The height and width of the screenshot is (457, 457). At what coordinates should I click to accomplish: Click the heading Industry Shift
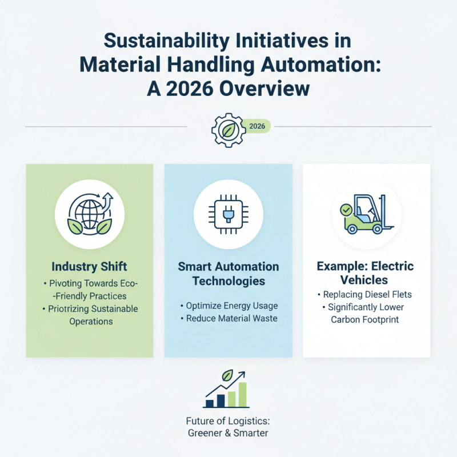(x=89, y=267)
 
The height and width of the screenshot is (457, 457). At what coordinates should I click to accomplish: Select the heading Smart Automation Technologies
(x=228, y=274)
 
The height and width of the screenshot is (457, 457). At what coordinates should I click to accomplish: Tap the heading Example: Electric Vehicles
(x=366, y=274)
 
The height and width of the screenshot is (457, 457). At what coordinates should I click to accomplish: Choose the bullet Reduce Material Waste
(x=230, y=318)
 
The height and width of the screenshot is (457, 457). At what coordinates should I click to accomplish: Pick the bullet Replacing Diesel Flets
(x=367, y=295)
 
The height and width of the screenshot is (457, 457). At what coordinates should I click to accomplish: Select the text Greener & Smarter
(x=228, y=433)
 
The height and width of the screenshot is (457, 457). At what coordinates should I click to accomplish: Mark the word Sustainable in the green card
(x=111, y=309)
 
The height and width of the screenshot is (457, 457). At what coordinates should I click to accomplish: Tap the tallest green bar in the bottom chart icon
(x=243, y=394)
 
